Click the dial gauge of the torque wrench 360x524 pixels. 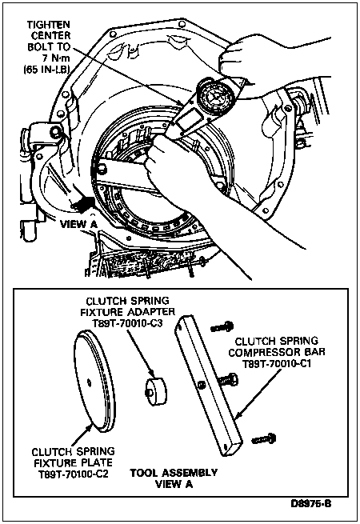click(214, 97)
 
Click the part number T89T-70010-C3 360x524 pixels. click(127, 323)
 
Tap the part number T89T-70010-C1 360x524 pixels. click(277, 363)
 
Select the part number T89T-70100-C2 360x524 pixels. click(74, 474)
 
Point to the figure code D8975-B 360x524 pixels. click(310, 503)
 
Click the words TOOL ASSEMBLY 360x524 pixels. click(174, 473)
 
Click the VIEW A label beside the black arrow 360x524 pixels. click(78, 224)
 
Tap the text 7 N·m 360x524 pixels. click(57, 58)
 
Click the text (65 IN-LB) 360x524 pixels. click(46, 69)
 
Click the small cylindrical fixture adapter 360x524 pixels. click(156, 390)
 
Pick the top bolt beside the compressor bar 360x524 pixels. click(222, 326)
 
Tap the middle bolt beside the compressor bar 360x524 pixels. click(228, 380)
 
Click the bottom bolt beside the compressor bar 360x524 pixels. click(264, 438)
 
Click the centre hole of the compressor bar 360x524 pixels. click(201, 385)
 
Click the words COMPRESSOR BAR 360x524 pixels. click(277, 352)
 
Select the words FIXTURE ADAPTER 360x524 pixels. click(127, 312)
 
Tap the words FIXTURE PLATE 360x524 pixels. click(74, 463)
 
